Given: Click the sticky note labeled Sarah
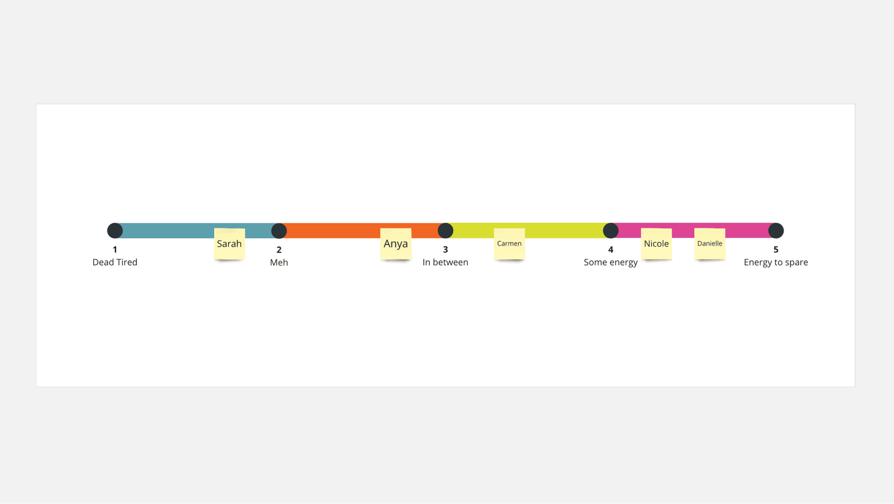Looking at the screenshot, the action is (229, 243).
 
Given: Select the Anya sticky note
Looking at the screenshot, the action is (396, 243).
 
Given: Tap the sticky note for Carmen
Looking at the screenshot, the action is (509, 243).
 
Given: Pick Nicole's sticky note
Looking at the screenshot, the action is (657, 243).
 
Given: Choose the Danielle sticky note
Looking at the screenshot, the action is (710, 243).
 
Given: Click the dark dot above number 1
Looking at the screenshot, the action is (115, 231).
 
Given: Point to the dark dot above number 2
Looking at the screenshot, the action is (279, 231).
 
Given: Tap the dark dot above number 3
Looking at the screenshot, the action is (445, 231).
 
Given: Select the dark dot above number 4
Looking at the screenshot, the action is (611, 231).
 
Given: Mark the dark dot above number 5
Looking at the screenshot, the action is (776, 231).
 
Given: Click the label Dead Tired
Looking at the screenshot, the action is (115, 262).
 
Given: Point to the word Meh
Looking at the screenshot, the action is (279, 262).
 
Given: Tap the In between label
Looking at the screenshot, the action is (445, 262).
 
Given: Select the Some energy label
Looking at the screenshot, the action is (611, 263).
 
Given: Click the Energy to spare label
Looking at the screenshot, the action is (776, 263).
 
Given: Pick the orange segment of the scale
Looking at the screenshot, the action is (336, 231).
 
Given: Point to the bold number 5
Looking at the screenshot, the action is (776, 250).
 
